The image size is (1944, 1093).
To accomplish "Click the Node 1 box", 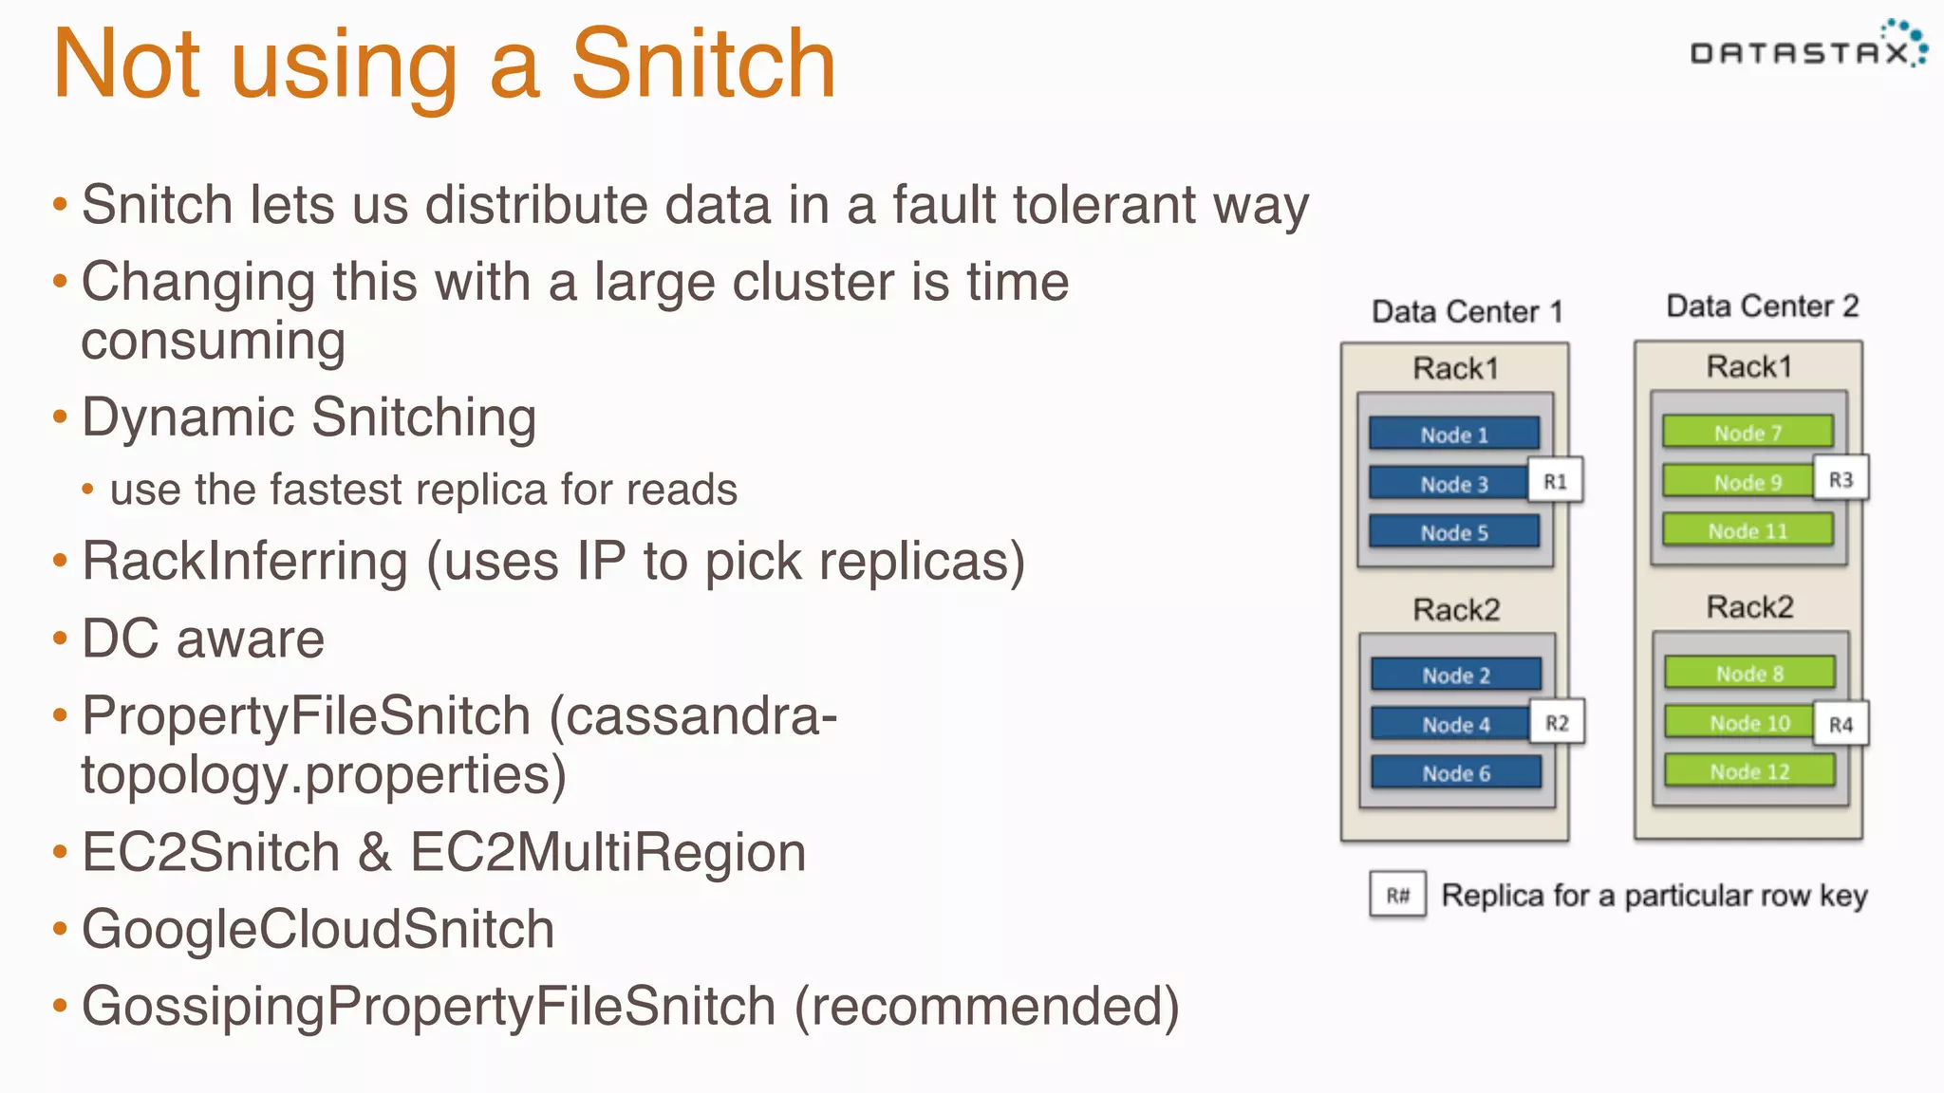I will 1453,434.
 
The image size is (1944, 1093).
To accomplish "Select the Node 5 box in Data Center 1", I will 1453,532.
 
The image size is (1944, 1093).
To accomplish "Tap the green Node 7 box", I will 1747,432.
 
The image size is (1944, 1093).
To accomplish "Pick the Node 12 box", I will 1748,771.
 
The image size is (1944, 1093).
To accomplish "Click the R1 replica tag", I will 1555,481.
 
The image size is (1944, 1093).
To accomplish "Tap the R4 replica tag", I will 1841,725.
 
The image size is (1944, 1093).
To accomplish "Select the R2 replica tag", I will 1557,723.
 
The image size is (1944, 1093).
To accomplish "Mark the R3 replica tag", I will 1841,479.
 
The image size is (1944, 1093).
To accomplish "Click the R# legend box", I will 1397,895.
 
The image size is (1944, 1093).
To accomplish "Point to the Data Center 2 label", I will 1762,306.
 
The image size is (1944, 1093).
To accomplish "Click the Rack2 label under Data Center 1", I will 1456,609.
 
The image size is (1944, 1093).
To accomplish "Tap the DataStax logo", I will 1807,46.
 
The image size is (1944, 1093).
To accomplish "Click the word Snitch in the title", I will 702,65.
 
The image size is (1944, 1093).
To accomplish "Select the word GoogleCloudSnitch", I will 318,929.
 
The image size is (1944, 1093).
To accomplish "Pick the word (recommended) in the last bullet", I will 986,1006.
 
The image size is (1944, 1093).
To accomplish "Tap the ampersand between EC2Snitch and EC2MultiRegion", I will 375,852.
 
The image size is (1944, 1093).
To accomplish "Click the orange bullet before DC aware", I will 61,639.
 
